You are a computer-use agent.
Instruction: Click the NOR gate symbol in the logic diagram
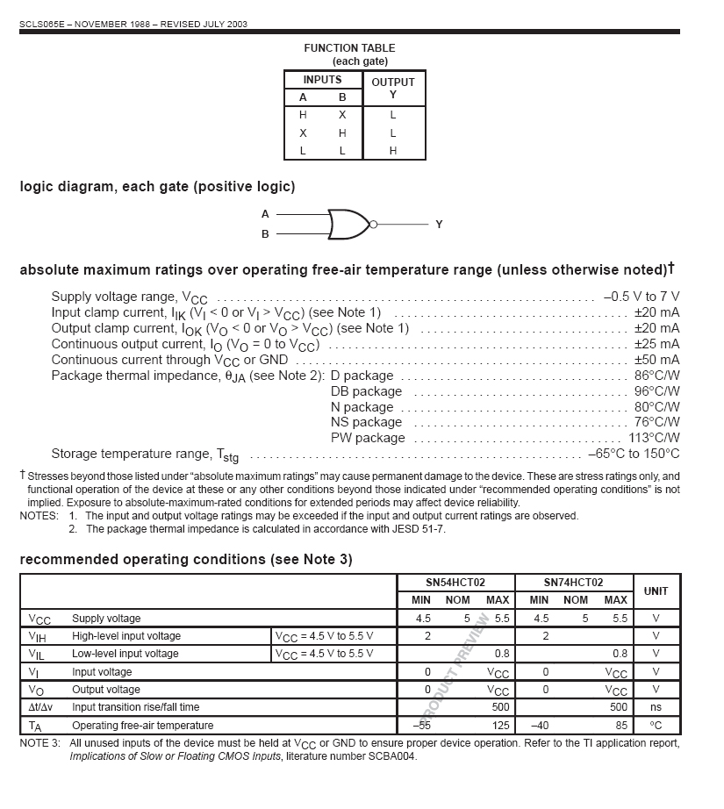[x=348, y=224]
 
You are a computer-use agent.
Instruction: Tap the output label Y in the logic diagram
[x=439, y=225]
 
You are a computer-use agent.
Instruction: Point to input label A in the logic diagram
[x=265, y=214]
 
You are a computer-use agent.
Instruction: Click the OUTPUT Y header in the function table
[x=393, y=88]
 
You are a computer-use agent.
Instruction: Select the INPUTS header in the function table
[x=322, y=80]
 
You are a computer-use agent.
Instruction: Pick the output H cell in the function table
[x=393, y=151]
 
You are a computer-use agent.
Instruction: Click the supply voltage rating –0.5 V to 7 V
[x=642, y=297]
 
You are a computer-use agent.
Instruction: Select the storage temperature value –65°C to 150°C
[x=634, y=454]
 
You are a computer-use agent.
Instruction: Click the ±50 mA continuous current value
[x=656, y=360]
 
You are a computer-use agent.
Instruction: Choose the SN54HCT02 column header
[x=456, y=582]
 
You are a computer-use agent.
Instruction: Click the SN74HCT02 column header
[x=574, y=582]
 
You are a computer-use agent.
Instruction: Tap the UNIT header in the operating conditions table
[x=656, y=591]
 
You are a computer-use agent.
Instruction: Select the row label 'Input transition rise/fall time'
[x=135, y=707]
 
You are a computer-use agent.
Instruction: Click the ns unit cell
[x=656, y=707]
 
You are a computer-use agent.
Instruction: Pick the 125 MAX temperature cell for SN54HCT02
[x=501, y=726]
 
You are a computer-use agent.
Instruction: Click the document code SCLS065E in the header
[x=41, y=24]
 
